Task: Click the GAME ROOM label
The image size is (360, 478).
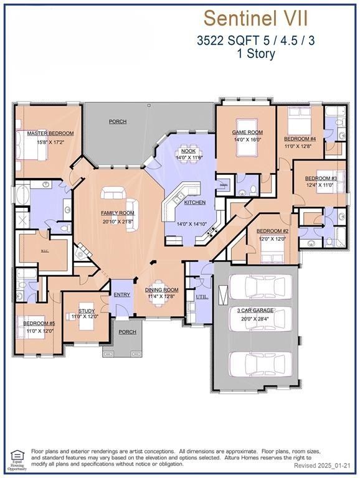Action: [x=247, y=133]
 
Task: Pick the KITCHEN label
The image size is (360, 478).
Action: [x=194, y=203]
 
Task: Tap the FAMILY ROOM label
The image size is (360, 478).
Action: [x=118, y=213]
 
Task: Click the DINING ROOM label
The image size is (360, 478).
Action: [x=162, y=289]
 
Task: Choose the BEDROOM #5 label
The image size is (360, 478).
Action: [x=39, y=324]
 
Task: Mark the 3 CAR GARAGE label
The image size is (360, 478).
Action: [x=257, y=309]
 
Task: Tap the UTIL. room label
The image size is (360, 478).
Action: [x=202, y=298]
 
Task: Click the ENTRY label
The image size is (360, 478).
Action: [x=121, y=294]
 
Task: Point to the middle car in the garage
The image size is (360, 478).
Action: [x=257, y=324]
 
